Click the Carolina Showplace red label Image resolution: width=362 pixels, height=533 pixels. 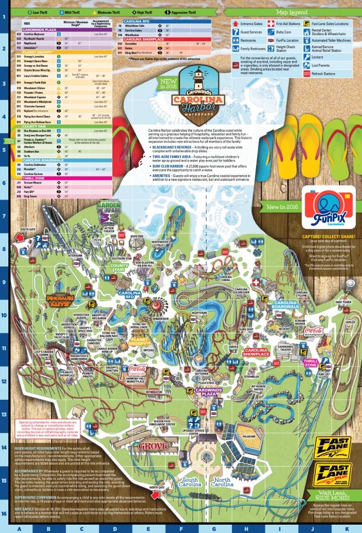click(255, 353)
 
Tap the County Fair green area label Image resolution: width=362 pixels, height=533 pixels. click(120, 268)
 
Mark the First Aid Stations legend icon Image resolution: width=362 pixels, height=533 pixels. click(271, 24)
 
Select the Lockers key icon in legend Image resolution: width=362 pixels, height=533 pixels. click(307, 57)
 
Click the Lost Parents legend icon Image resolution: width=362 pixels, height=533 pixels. click(307, 65)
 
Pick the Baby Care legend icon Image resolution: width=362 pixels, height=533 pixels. click(271, 32)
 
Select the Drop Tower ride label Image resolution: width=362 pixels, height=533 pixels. click(343, 302)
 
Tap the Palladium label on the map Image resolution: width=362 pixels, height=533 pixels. click(249, 435)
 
